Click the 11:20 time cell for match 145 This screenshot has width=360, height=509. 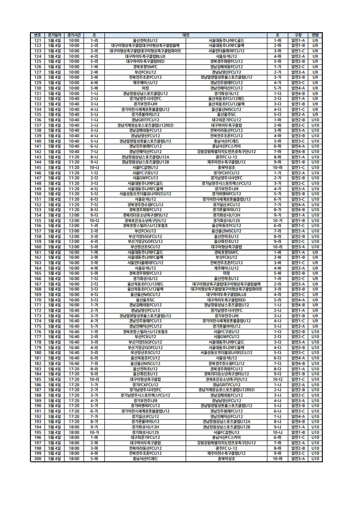74,167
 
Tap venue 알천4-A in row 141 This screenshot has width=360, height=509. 298,146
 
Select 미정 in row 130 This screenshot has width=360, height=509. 145,88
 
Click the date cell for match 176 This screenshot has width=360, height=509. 54,332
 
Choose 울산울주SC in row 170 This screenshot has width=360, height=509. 145,300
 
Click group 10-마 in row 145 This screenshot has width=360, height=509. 277,167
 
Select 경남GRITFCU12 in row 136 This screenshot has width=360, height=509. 145,120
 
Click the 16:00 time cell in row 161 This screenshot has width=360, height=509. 74,252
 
